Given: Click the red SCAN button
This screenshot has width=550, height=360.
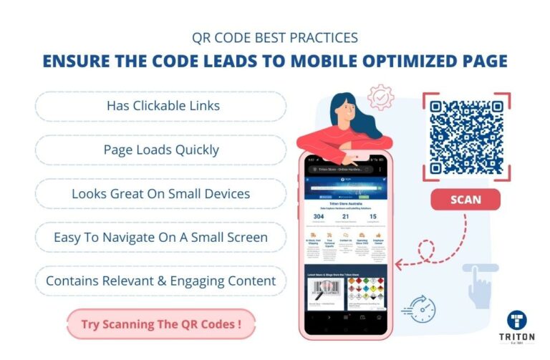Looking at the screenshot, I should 465,200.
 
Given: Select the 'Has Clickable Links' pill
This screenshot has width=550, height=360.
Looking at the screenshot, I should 163,106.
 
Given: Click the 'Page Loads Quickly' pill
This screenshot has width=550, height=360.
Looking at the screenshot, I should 161,150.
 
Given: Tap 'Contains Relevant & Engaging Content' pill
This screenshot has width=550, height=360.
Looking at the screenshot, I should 161,281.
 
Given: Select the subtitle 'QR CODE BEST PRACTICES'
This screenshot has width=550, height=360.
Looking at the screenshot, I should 274,37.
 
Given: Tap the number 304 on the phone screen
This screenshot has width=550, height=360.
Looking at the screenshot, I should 319,217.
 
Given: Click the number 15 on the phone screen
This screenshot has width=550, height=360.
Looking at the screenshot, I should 372,217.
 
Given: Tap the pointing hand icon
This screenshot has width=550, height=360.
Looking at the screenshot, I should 481,286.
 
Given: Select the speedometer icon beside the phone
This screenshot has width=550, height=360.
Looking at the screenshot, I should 423,308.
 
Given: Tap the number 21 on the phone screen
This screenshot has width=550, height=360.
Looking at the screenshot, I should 346,217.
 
